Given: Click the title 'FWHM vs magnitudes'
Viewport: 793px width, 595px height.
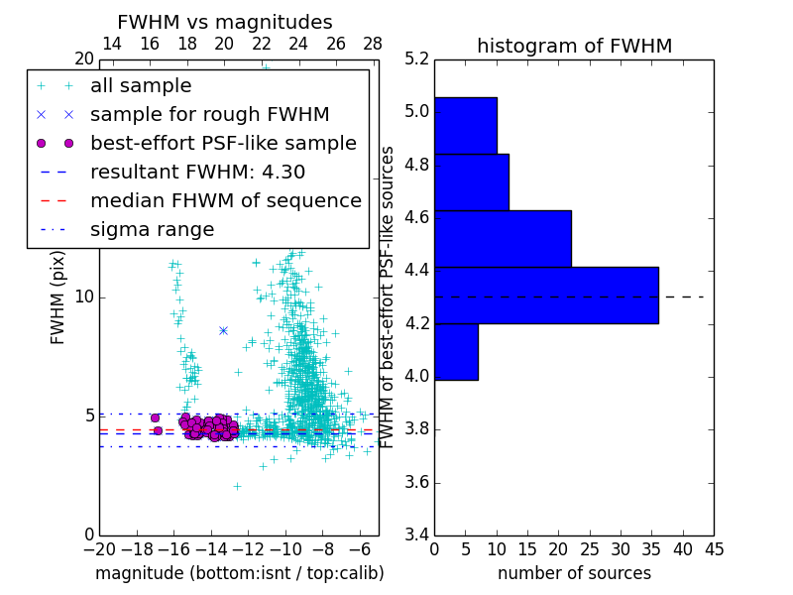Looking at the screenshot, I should tap(224, 22).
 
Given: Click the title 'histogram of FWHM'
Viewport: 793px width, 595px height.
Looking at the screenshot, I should tap(574, 46).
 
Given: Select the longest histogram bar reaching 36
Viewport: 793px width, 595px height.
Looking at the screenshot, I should tap(546, 295).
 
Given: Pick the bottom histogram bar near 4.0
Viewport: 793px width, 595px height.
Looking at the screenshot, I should tap(456, 351).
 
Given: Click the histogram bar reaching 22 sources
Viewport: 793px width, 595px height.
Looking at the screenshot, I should tap(503, 238).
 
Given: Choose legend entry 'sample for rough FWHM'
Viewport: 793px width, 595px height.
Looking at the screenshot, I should tap(209, 114).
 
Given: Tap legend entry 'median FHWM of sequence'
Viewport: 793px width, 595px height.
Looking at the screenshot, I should tap(225, 200).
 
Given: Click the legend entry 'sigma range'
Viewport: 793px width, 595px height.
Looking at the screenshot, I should tap(152, 229).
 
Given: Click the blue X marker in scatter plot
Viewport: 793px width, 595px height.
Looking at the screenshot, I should tap(223, 330).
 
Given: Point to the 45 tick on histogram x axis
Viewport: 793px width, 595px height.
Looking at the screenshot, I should tap(714, 549).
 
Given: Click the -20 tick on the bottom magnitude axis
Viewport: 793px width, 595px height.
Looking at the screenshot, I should tap(99, 549).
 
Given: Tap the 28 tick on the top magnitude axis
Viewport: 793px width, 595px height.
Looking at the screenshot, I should tap(373, 44).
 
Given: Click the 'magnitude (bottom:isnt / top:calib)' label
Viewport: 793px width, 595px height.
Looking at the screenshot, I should tap(239, 573).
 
